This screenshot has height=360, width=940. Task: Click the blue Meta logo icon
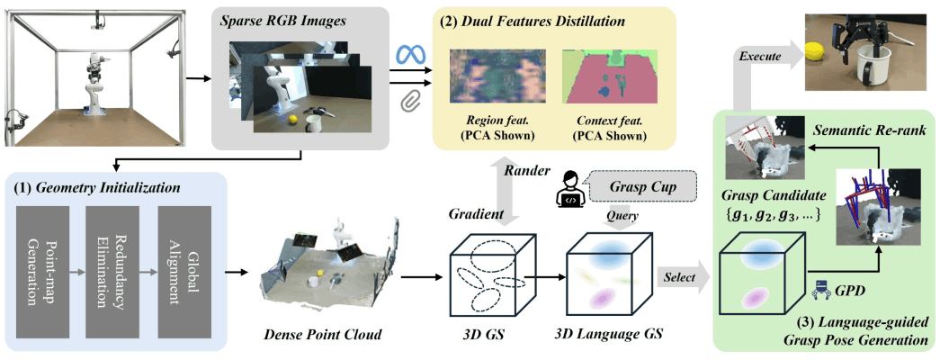coord(413,55)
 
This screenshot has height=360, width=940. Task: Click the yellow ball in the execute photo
coord(816,52)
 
